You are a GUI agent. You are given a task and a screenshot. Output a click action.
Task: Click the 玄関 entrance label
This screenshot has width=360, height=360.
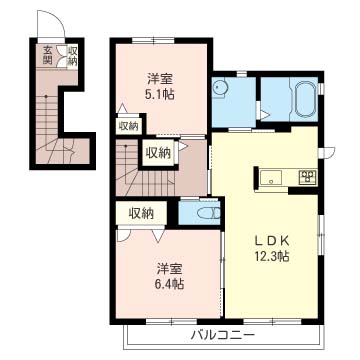[48, 55]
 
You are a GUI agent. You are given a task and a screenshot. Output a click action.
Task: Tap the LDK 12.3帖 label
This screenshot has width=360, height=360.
[272, 248]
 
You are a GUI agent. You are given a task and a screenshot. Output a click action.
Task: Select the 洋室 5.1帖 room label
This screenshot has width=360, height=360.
[160, 88]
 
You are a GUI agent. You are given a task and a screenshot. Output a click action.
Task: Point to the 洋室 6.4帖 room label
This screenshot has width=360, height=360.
[170, 276]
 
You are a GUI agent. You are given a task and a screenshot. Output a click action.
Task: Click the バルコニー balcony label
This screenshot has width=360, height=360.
[223, 335]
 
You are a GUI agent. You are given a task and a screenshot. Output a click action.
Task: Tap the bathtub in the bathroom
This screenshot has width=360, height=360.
[305, 98]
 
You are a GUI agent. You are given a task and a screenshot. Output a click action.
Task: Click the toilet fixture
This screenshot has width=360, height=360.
[209, 213]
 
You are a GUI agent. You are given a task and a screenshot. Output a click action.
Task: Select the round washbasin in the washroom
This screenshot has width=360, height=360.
[219, 87]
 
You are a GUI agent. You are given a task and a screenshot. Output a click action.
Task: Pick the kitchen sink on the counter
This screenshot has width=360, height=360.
[271, 177]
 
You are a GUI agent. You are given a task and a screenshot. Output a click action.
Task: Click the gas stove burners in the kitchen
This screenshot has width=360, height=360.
[309, 177]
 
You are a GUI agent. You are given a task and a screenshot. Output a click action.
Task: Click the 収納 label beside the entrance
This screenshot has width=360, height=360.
[72, 56]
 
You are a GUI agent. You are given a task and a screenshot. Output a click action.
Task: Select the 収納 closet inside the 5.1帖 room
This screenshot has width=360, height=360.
[128, 126]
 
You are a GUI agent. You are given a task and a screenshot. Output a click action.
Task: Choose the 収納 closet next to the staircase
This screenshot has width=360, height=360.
[158, 153]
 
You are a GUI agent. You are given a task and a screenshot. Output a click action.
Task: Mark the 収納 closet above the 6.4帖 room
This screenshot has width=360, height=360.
[141, 213]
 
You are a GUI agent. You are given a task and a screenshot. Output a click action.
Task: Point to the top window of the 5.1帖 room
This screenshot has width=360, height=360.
[153, 41]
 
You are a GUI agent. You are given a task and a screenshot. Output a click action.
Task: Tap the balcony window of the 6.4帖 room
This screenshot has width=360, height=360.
[171, 322]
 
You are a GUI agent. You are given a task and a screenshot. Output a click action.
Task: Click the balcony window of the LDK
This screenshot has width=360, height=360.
[273, 322]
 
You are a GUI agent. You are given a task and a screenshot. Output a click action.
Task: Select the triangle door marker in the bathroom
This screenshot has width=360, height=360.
[265, 115]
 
